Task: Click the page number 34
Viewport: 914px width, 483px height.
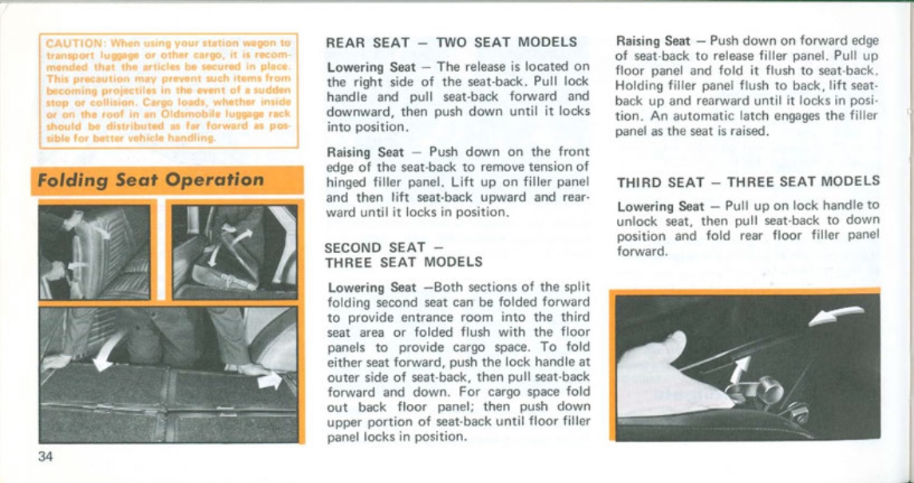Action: point(46,457)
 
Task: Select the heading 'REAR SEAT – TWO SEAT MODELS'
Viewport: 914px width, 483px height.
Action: point(453,42)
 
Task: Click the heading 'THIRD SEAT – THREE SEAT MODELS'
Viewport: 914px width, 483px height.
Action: point(748,181)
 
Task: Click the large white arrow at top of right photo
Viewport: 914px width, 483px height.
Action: point(837,316)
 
